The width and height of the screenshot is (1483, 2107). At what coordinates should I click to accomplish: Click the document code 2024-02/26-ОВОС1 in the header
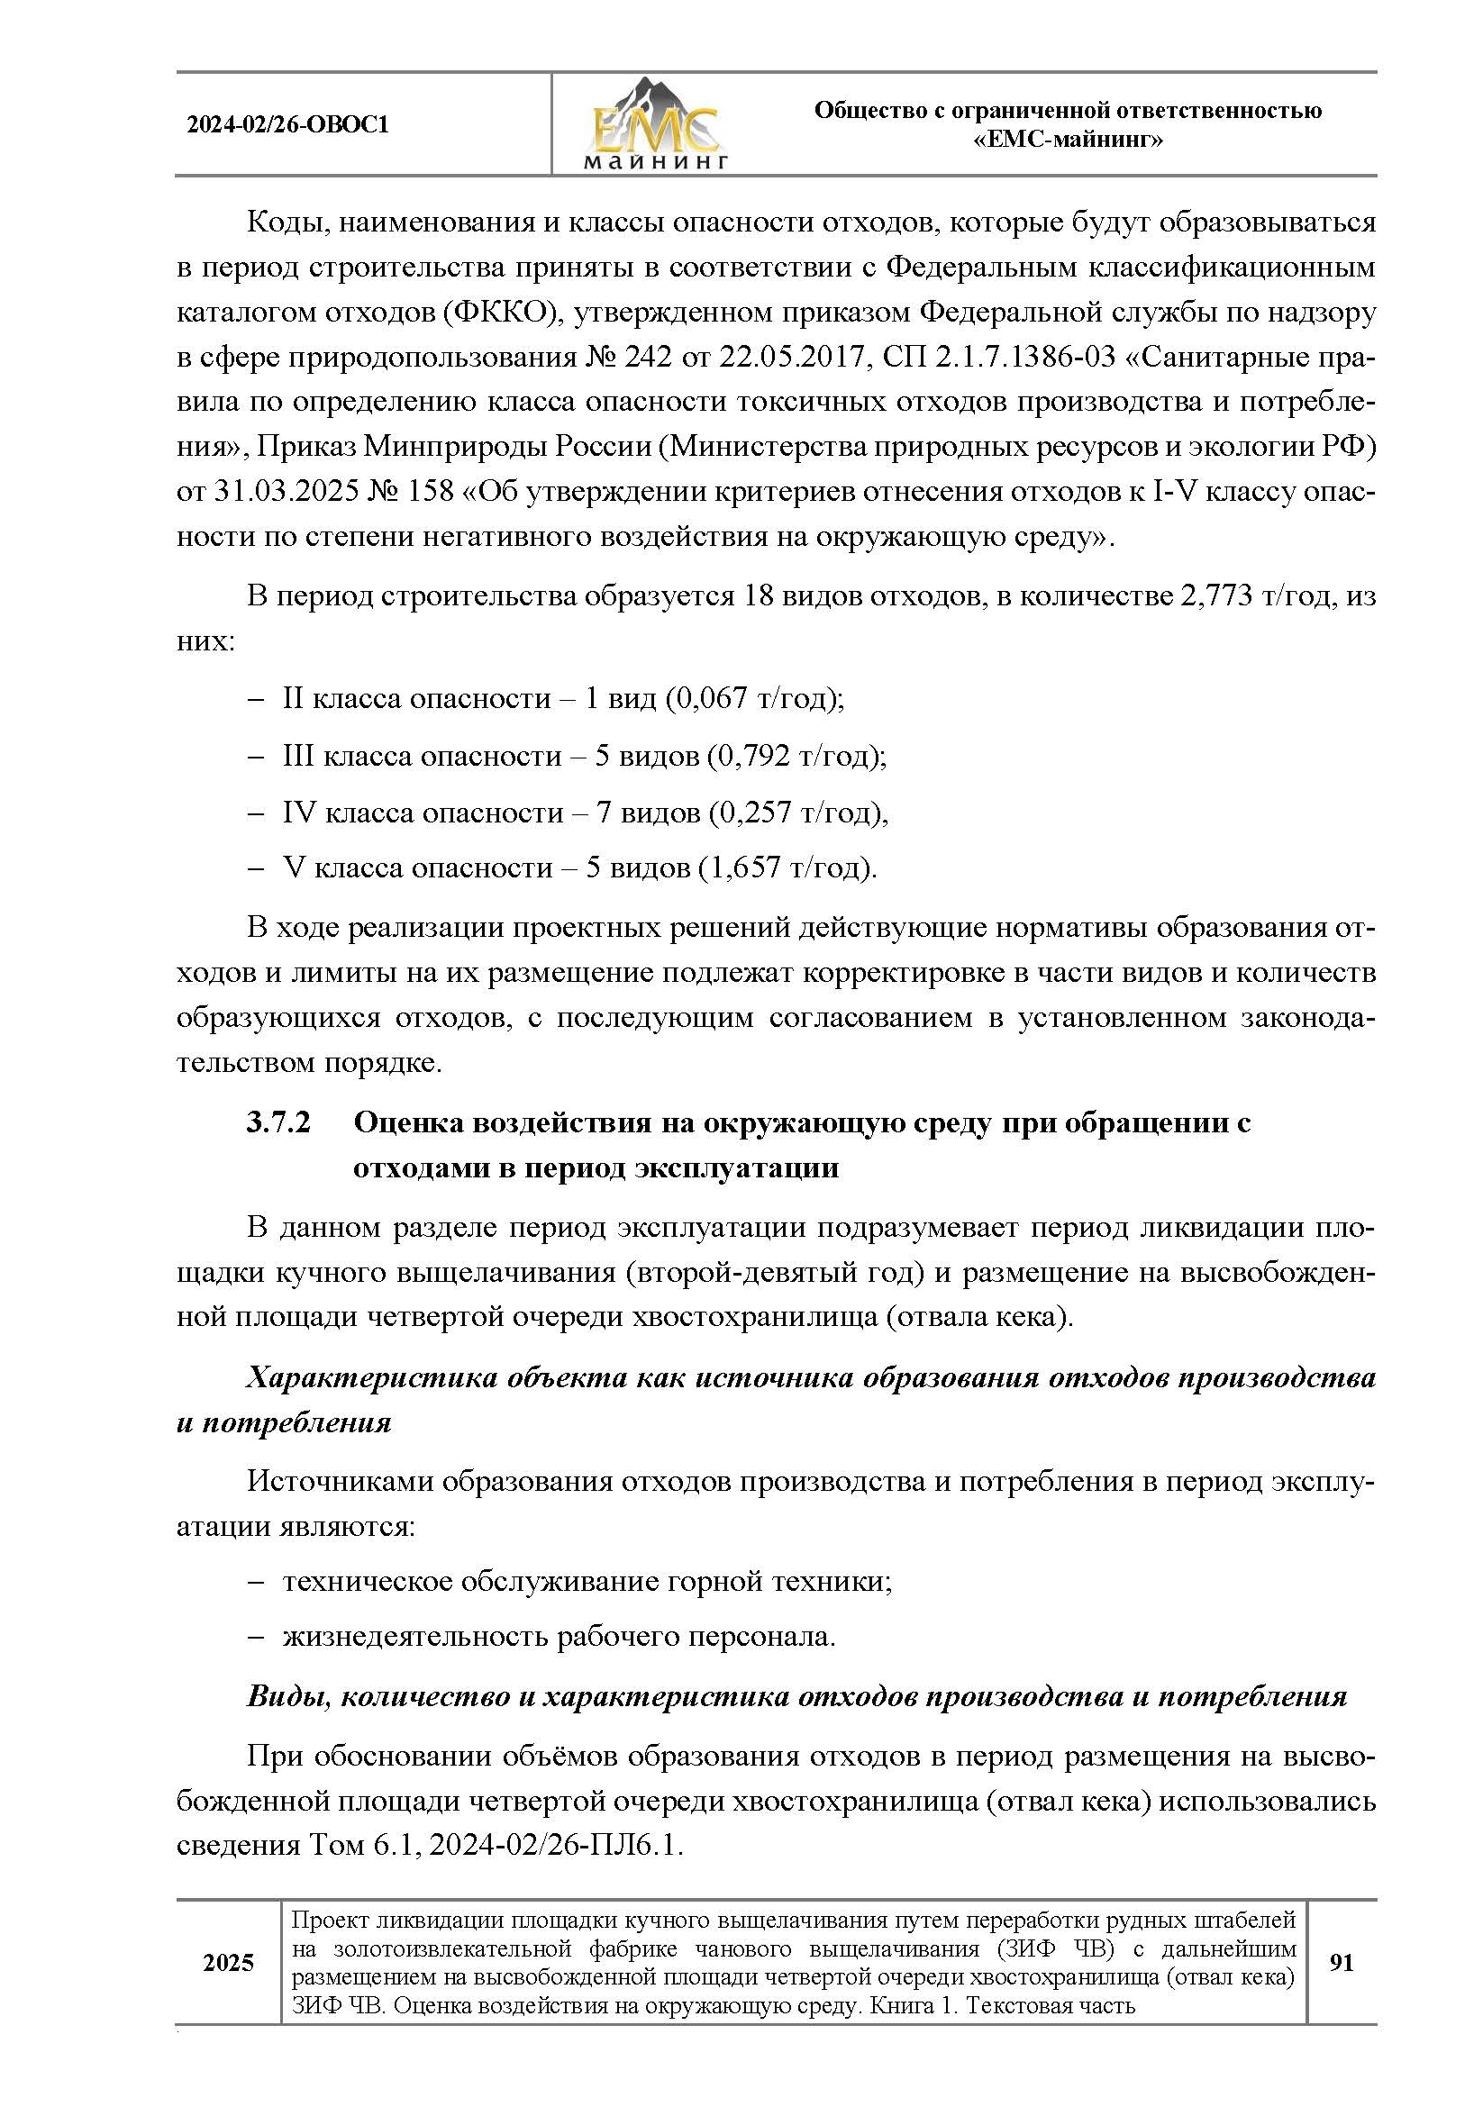pyautogui.click(x=287, y=125)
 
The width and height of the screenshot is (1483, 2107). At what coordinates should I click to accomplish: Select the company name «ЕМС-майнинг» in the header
pyautogui.click(x=1068, y=141)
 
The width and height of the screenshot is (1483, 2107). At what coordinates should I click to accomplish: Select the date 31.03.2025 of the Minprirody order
pyautogui.click(x=287, y=491)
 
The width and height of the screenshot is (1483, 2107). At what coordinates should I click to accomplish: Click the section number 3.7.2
pyautogui.click(x=279, y=1122)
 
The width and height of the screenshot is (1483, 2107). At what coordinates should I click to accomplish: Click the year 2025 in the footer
pyautogui.click(x=229, y=1963)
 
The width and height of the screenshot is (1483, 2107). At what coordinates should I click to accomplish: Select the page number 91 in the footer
pyautogui.click(x=1342, y=1963)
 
